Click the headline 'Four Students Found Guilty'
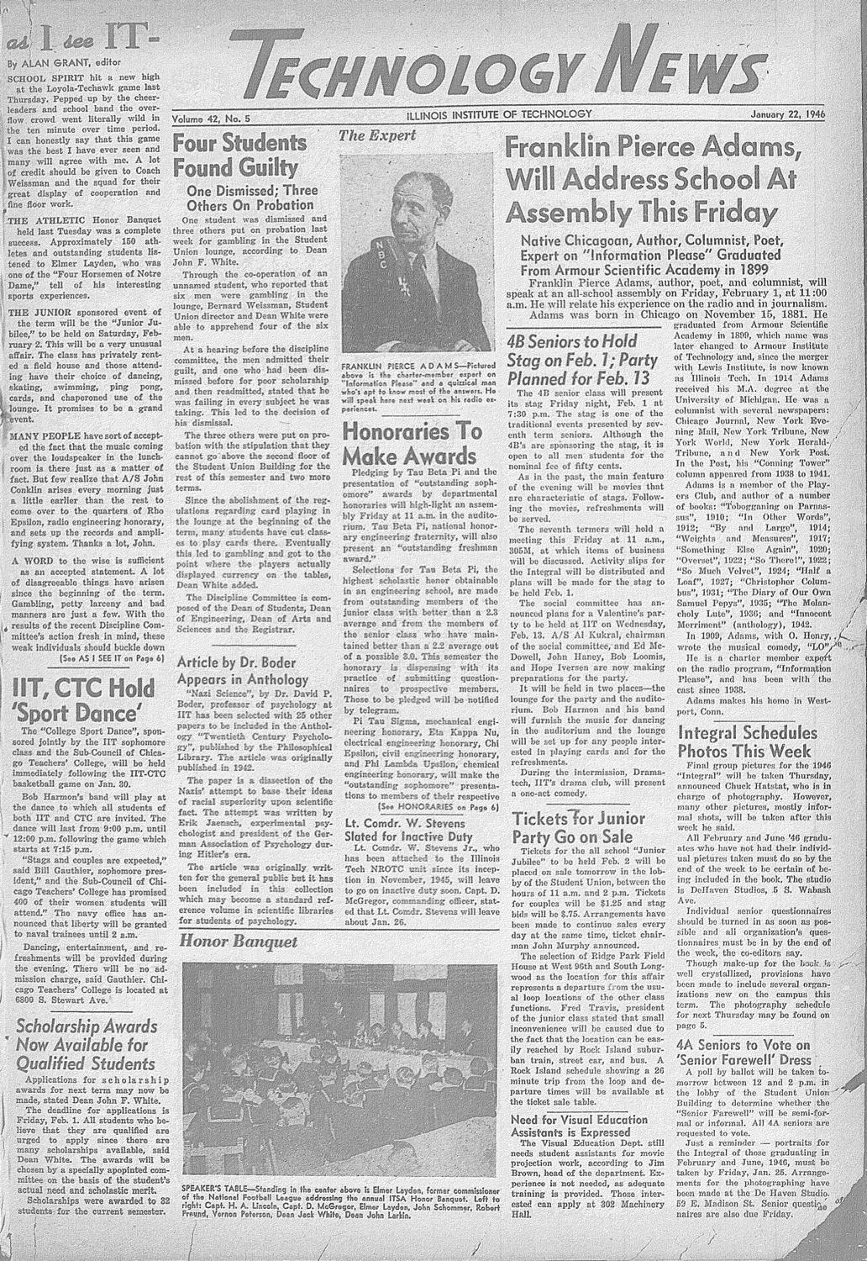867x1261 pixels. pyautogui.click(x=239, y=154)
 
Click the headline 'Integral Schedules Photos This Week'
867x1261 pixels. pyautogui.click(x=747, y=741)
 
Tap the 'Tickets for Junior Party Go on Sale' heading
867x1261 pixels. pyautogui.click(x=579, y=828)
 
